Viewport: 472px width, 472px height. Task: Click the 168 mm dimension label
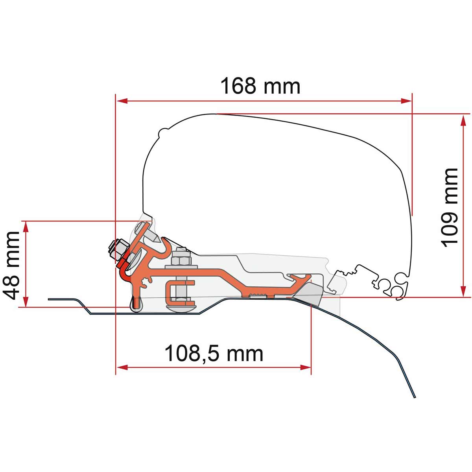(260, 86)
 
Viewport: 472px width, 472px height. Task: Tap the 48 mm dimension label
(11, 266)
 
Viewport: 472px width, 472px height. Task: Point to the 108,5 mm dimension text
(214, 353)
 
